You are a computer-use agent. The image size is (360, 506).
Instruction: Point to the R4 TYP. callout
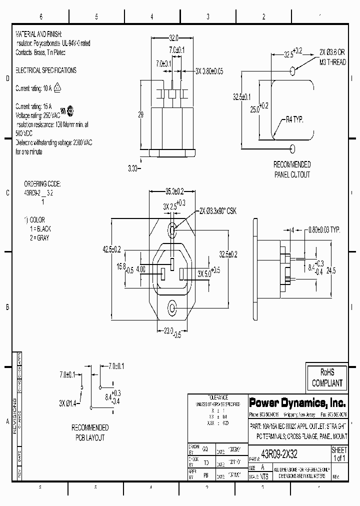point(294,119)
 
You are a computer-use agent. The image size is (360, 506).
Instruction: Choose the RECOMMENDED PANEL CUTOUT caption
point(292,169)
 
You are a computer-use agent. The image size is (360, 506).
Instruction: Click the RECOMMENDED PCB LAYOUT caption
point(90,432)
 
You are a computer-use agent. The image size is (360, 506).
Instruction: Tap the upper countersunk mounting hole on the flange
point(172,230)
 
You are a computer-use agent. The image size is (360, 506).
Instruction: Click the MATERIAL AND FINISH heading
point(38,34)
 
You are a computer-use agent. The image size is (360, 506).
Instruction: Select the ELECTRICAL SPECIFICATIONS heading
point(46,70)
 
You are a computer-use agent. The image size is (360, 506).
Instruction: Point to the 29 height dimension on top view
point(140,114)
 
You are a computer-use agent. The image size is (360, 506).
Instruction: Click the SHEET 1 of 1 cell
point(338,454)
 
